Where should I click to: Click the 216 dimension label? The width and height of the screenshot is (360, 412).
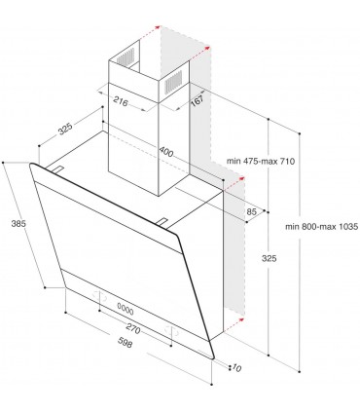123,100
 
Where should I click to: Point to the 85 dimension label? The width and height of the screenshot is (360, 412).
251,211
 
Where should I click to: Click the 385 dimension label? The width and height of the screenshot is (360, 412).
16,223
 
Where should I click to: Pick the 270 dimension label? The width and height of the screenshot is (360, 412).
135,331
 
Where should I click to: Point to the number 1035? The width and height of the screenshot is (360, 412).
342,226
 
